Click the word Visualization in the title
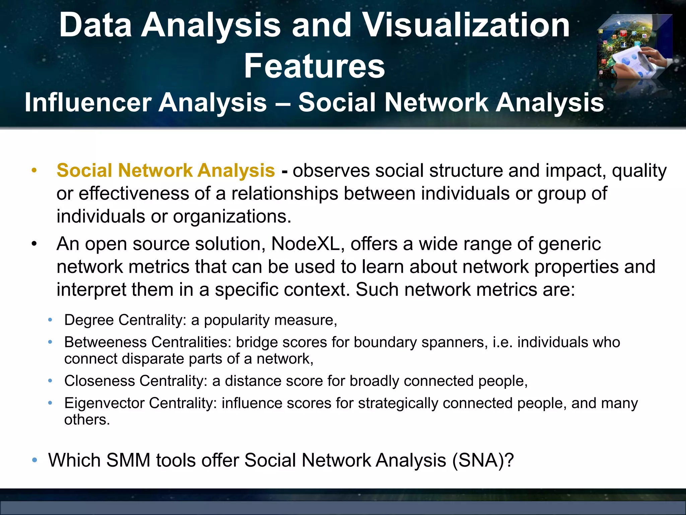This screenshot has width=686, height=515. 466,25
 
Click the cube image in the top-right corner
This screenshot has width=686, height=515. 634,47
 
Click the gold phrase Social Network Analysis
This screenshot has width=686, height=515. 165,170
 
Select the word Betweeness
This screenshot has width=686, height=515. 105,342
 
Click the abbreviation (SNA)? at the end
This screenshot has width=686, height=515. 483,460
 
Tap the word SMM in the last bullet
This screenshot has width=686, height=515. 128,460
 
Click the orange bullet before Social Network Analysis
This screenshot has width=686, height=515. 34,171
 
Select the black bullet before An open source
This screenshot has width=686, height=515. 34,244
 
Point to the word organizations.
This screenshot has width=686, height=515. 232,216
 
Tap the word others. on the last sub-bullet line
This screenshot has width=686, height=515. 87,420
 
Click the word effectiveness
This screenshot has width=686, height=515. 134,194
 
